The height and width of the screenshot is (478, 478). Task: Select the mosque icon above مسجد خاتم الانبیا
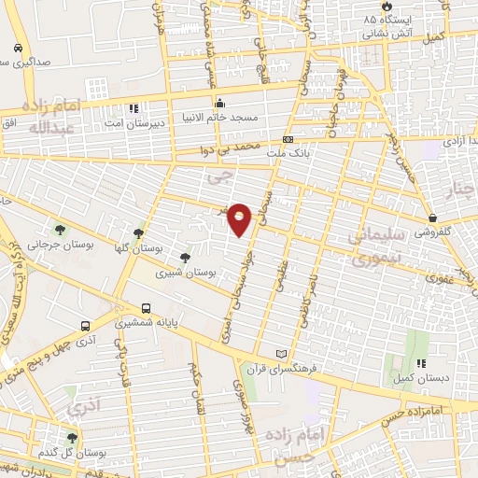220,102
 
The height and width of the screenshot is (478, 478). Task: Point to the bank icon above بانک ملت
288,138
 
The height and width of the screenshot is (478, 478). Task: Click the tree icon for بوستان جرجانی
61,230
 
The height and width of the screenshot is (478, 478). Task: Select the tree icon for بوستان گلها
139,232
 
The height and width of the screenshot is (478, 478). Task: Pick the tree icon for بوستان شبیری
185,258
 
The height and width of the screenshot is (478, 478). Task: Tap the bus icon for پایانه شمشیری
146,308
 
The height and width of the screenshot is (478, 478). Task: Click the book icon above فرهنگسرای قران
283,354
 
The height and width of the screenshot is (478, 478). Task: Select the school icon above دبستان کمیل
420,363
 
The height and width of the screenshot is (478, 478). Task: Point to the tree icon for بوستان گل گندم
72,437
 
